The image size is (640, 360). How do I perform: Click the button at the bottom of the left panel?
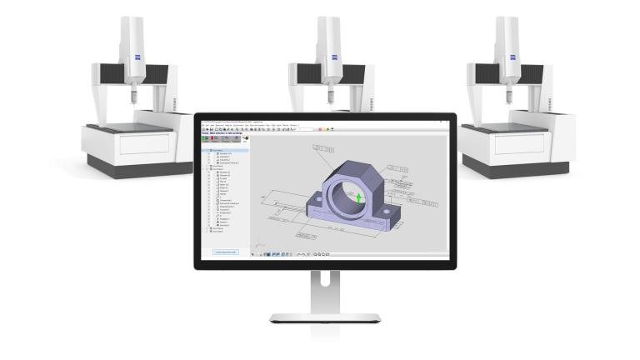pos(226,251)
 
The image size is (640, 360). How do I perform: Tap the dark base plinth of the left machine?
pos(142,168)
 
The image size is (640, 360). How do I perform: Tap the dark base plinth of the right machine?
pos(517,168)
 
